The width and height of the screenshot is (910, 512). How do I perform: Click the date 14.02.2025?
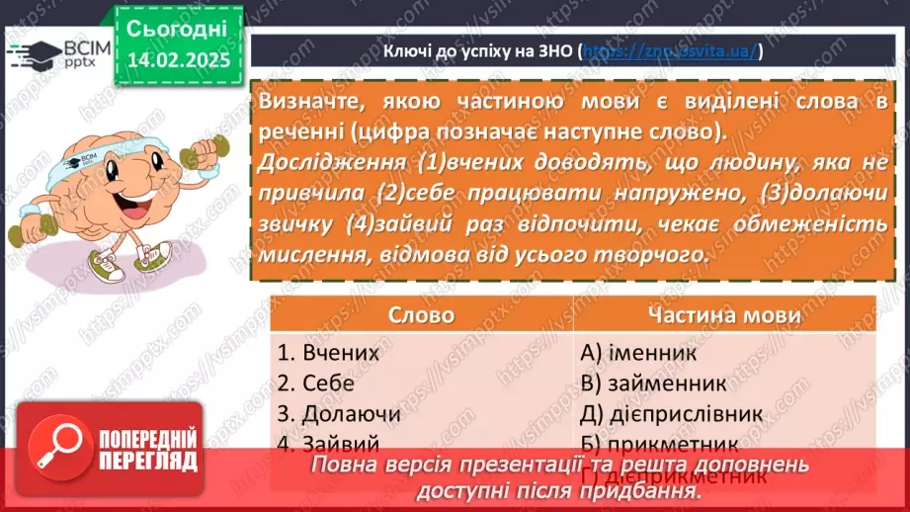[178, 59]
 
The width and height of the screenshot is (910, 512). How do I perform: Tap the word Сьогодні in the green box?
[178, 27]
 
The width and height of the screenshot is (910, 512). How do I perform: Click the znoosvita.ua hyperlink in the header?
[670, 51]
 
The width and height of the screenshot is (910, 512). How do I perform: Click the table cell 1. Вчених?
[328, 351]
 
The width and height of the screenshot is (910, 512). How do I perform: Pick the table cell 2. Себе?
[315, 383]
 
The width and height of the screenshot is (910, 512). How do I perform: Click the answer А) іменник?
[639, 351]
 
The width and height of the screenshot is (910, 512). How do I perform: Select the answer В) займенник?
[654, 383]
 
